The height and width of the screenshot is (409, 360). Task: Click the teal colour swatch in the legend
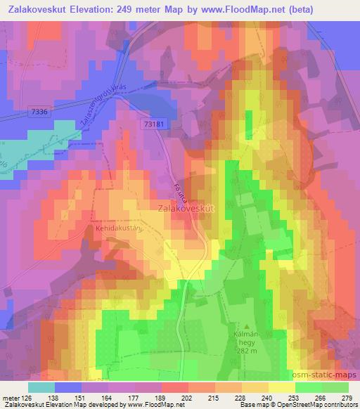click(x=41, y=387)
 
